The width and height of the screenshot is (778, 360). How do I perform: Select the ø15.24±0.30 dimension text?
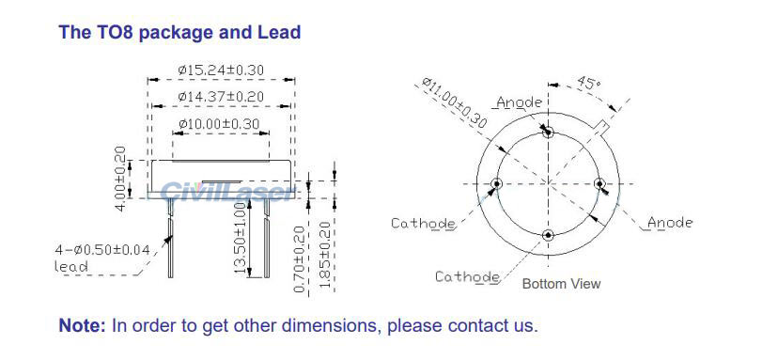coord(221,69)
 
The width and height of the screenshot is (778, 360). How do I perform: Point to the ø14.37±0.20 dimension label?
coord(221,97)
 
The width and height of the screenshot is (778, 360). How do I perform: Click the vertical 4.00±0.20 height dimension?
coord(120,179)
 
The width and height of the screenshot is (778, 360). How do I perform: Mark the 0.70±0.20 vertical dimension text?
coord(299,258)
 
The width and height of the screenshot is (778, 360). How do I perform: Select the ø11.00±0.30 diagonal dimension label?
coord(454,103)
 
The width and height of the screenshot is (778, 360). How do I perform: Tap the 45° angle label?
coord(587,84)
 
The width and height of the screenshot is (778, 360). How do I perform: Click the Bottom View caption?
coord(561,283)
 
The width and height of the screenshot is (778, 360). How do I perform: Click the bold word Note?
coord(83,326)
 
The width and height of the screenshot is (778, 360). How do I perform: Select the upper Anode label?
coord(519,102)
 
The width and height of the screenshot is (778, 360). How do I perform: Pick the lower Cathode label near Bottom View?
coord(467,276)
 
